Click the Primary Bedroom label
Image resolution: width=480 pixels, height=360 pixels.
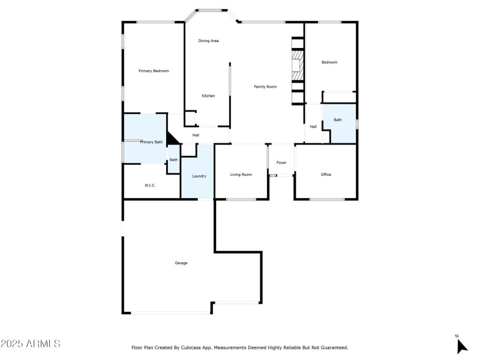tap(154, 71)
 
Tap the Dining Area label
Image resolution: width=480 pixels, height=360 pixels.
tap(208, 41)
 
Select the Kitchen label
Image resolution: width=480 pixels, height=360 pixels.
tap(208, 96)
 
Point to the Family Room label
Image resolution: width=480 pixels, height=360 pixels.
tap(265, 87)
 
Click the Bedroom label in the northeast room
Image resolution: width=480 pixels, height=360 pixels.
tap(329, 62)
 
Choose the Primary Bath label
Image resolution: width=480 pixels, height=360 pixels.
tap(151, 142)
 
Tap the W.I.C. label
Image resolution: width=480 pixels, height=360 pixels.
tap(150, 185)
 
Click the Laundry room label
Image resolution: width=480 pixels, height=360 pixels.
tap(199, 176)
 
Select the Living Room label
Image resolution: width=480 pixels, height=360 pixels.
tap(241, 175)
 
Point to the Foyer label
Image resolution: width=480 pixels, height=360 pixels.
tap(281, 163)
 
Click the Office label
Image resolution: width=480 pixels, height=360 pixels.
tap(326, 175)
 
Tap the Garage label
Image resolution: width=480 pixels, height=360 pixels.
tap(181, 263)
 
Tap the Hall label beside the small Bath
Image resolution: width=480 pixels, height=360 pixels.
tap(313, 127)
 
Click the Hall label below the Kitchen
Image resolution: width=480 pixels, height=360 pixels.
tap(196, 136)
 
